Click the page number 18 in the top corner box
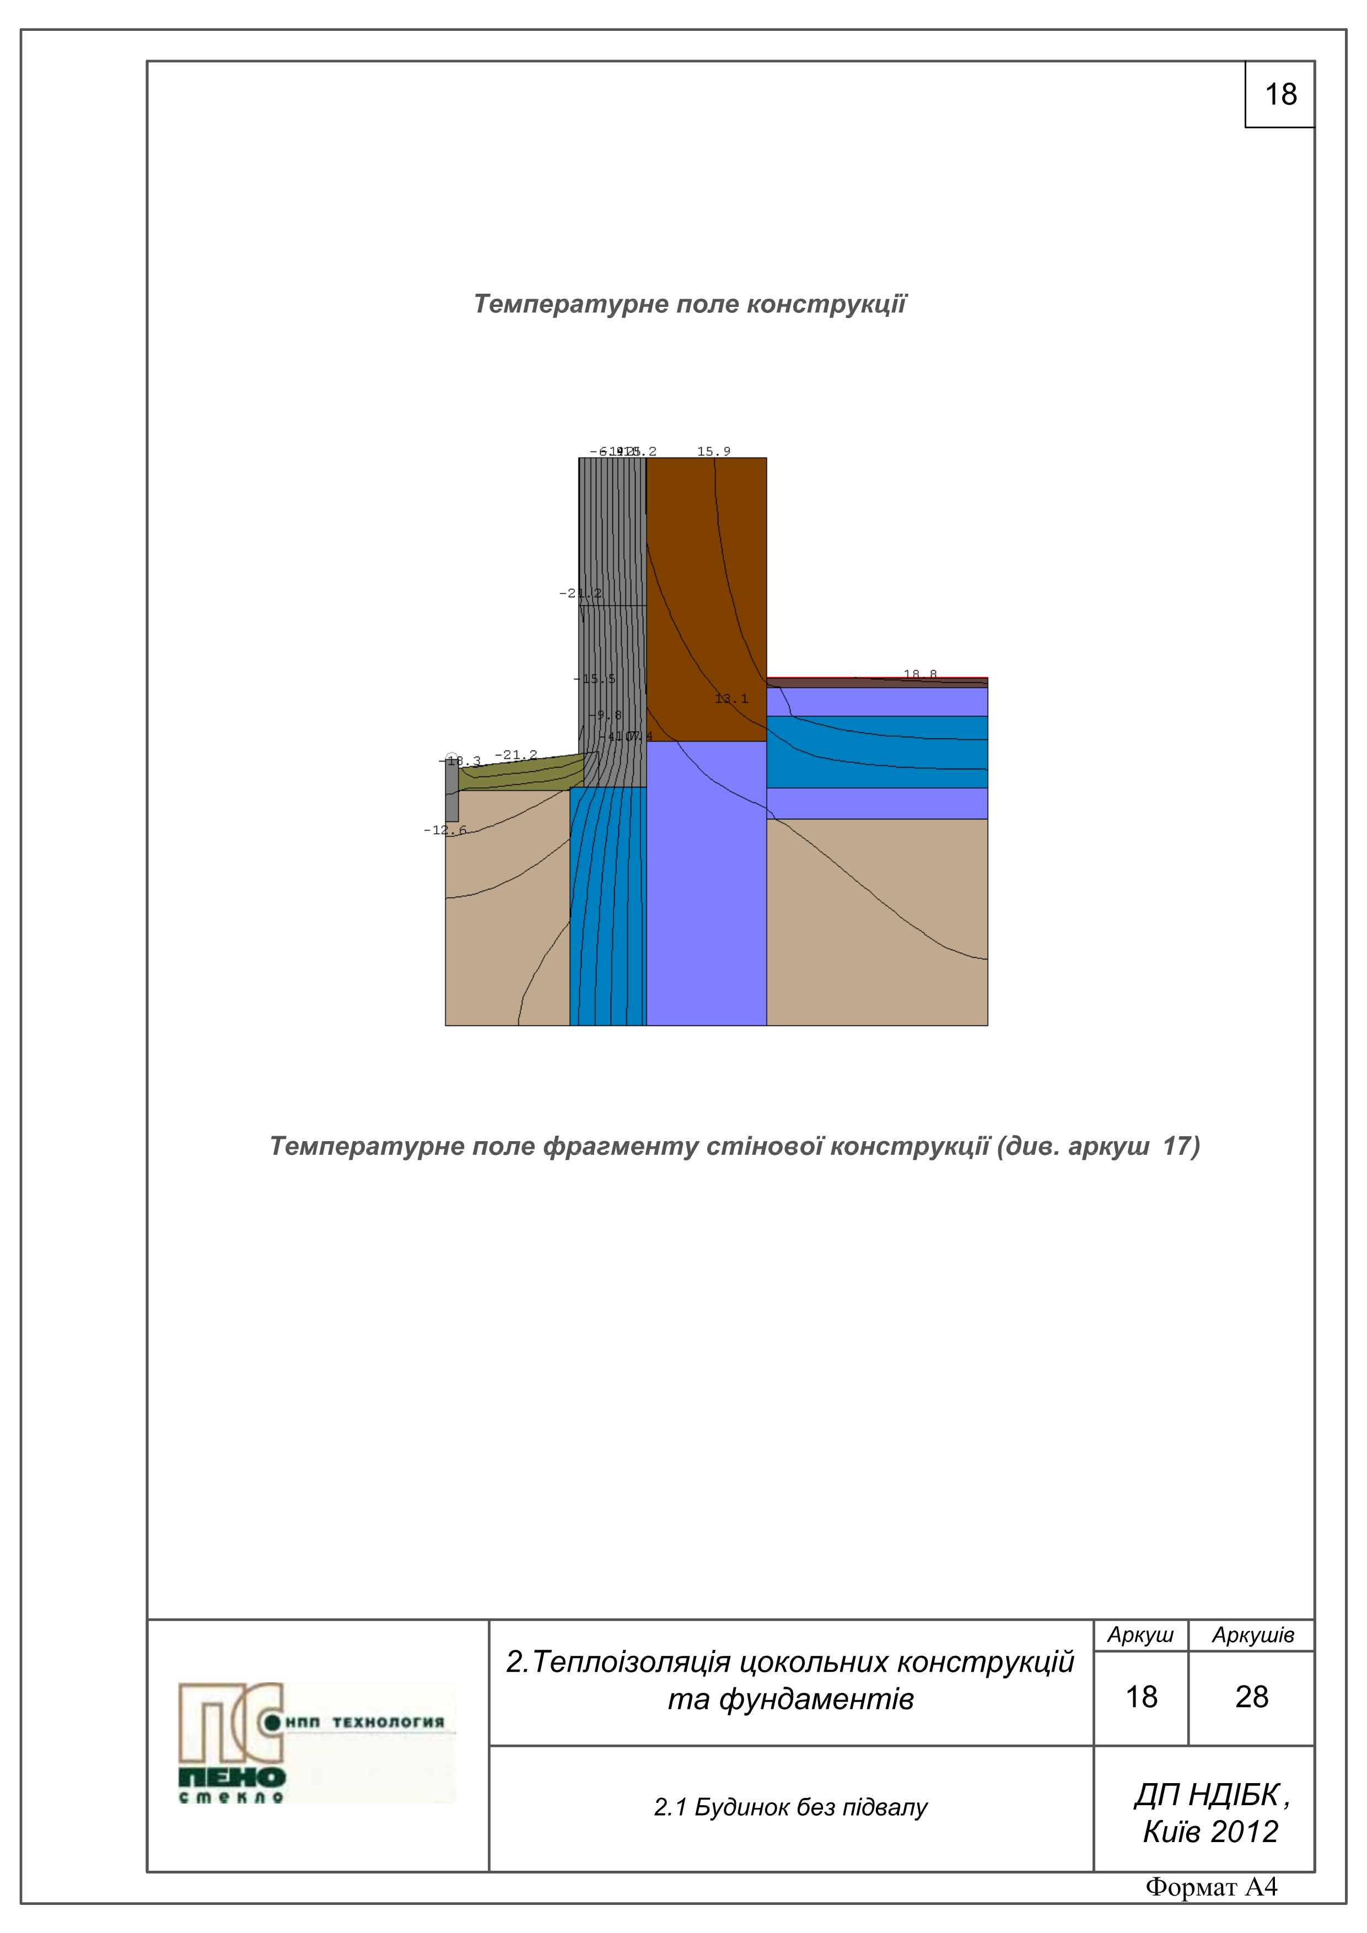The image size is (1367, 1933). click(1280, 94)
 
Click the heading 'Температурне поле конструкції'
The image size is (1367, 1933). click(689, 304)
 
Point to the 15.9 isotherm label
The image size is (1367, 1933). click(713, 451)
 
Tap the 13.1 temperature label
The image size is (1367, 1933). click(731, 699)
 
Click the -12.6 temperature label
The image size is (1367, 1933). click(444, 830)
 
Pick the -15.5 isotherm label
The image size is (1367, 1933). click(595, 678)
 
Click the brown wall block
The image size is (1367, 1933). click(706, 590)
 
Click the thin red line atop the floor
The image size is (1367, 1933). click(876, 677)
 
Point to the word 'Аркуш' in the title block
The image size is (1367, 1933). click(1139, 1635)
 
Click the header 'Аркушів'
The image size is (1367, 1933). click(1252, 1635)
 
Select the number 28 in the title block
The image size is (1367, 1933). click(1252, 1697)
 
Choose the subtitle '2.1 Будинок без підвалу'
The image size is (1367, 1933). click(790, 1807)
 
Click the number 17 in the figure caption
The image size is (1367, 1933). click(1177, 1146)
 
